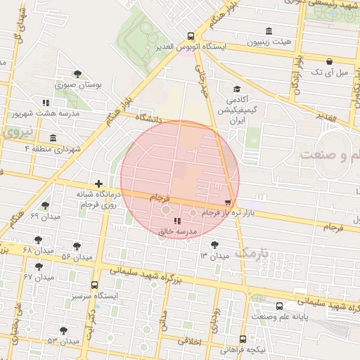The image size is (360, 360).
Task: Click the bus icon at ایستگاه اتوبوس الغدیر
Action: coord(191,37)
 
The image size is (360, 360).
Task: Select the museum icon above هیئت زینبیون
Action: coord(269,31)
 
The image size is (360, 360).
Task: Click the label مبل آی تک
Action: coord(329,72)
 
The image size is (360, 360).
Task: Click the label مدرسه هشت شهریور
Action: coord(42,112)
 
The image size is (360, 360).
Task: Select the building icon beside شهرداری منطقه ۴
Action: coord(53,138)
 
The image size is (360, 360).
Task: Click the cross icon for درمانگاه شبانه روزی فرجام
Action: coord(99,183)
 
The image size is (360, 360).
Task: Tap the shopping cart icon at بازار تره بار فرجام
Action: coord(227,202)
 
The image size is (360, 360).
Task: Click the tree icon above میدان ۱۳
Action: coord(214,244)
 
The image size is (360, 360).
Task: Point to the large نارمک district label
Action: coord(251,252)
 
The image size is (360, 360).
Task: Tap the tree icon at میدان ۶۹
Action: coord(46,205)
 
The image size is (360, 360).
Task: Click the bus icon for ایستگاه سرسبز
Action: coord(95,285)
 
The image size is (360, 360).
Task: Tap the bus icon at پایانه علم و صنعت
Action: coord(280,306)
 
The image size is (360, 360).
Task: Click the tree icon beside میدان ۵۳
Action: coord(63,330)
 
